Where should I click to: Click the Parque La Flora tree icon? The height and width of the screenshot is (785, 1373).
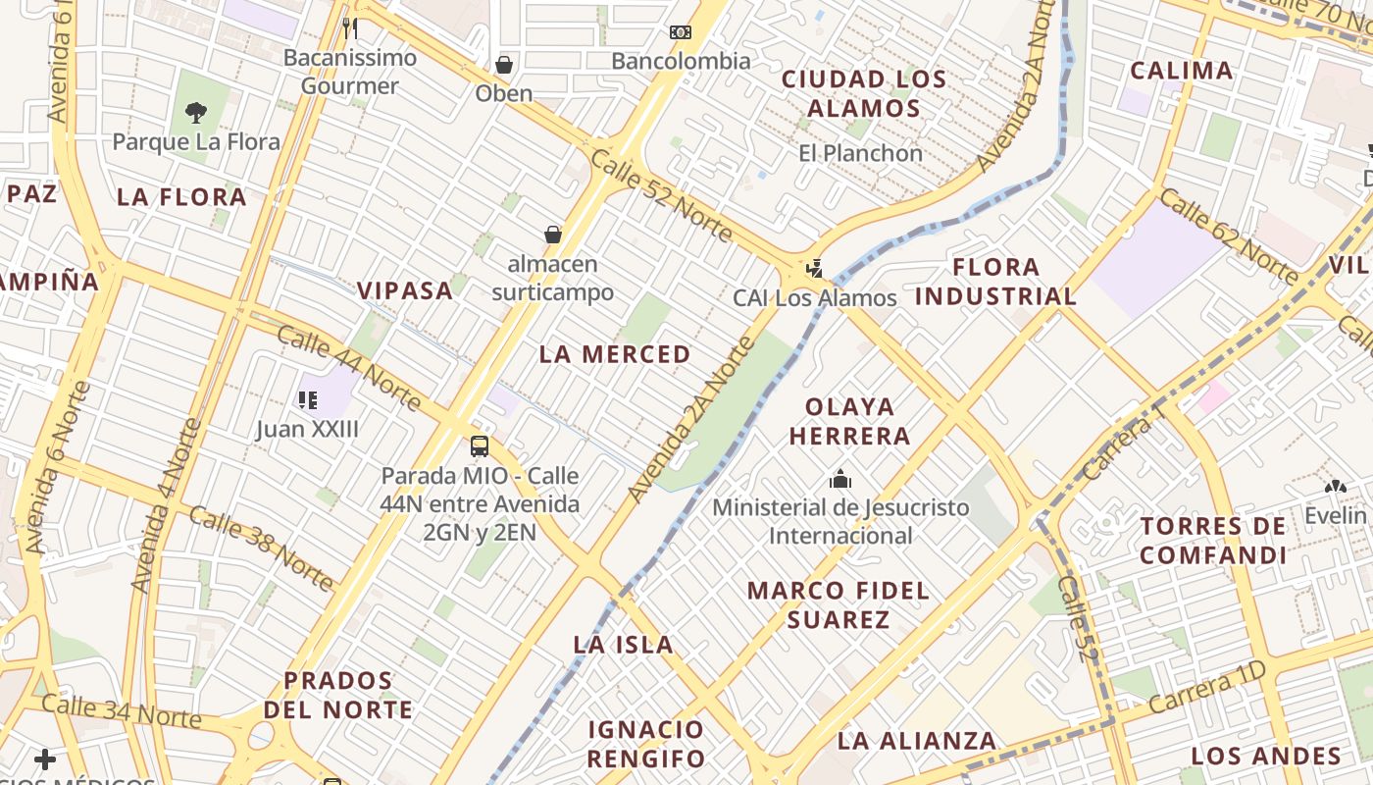tap(196, 112)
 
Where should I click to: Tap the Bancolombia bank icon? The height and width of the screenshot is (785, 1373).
tap(681, 32)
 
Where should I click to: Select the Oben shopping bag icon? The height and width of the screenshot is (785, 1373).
tap(504, 65)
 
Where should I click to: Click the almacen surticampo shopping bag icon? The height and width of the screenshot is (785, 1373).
tap(553, 235)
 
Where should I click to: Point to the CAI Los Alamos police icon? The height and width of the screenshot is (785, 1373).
tap(813, 268)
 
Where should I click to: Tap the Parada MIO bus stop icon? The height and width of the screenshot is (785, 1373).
tap(480, 446)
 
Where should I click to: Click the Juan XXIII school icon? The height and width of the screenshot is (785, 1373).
tap(308, 399)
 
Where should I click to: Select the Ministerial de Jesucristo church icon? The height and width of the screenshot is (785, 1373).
tap(840, 479)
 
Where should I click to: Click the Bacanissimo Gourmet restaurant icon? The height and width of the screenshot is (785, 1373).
tap(350, 27)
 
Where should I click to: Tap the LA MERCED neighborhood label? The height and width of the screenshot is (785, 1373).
tap(615, 354)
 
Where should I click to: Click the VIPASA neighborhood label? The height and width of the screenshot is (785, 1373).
tap(405, 290)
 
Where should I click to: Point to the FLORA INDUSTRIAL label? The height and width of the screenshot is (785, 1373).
tap(996, 282)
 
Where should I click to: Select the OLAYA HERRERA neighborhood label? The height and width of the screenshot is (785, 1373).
tap(850, 421)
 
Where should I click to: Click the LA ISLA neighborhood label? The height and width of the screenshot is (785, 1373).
tap(624, 645)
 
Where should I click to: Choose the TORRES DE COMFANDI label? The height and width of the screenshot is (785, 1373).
tap(1213, 541)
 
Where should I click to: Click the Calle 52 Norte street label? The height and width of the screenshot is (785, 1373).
tap(661, 196)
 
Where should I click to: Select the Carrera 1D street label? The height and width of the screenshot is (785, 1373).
tap(1208, 688)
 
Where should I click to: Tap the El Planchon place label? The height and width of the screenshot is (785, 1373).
tap(860, 153)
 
